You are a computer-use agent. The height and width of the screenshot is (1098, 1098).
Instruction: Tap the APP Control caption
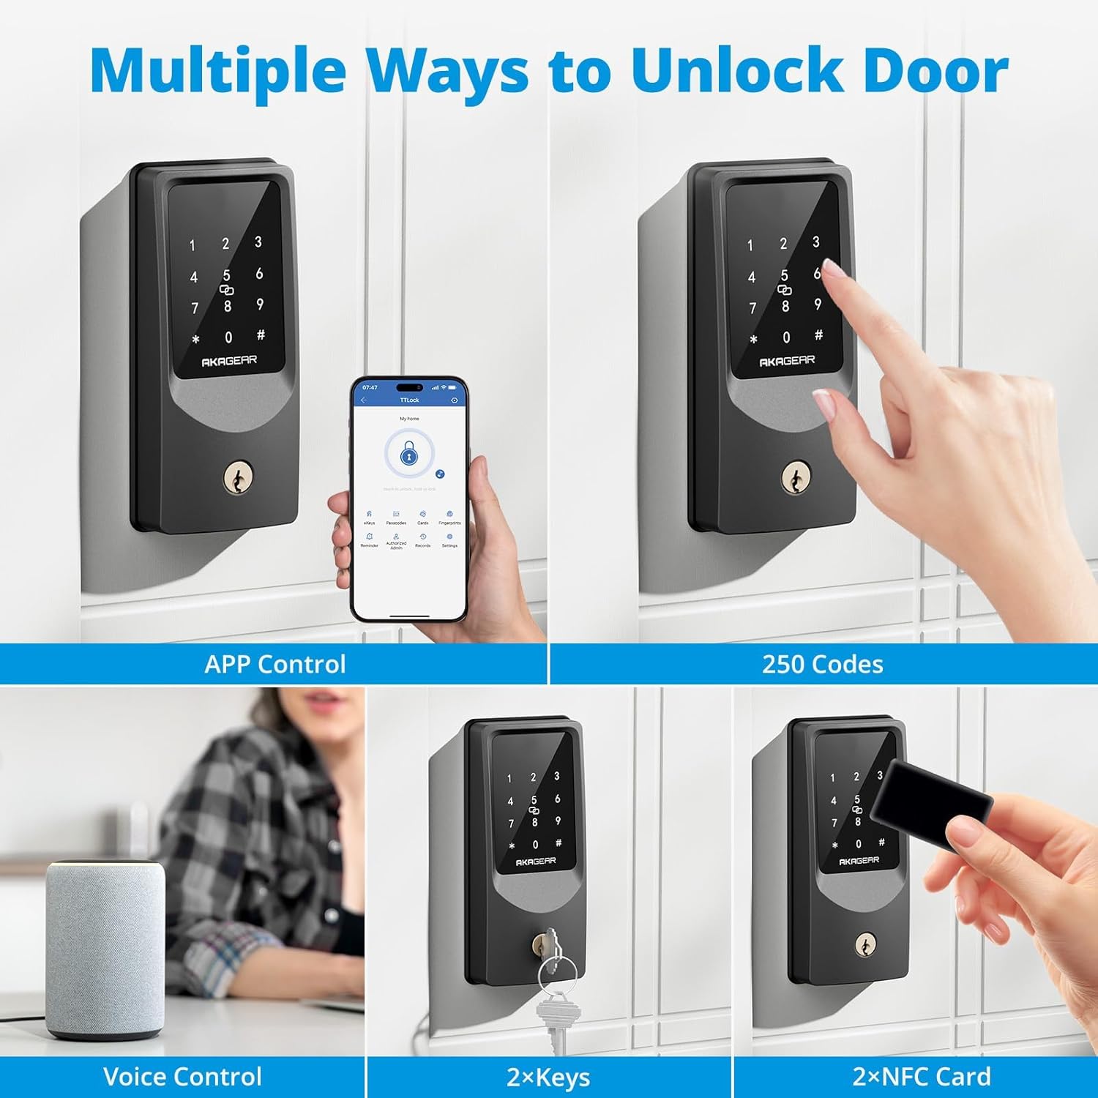(x=274, y=664)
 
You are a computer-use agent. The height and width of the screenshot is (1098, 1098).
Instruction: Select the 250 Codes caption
(x=822, y=664)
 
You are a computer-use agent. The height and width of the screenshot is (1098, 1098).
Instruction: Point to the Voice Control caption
(x=182, y=1077)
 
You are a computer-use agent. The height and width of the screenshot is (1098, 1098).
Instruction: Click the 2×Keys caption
(x=548, y=1078)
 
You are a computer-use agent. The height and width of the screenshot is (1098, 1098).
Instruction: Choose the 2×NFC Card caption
(x=921, y=1077)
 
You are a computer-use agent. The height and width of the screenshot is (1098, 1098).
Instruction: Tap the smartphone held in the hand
(x=409, y=498)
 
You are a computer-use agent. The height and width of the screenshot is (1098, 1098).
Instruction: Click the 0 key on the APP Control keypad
(x=228, y=337)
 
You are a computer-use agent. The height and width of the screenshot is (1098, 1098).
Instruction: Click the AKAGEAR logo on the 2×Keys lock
(x=535, y=862)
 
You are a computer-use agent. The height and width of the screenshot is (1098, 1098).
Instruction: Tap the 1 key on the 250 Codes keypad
(x=750, y=246)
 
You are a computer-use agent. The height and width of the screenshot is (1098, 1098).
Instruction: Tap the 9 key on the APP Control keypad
(x=260, y=305)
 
